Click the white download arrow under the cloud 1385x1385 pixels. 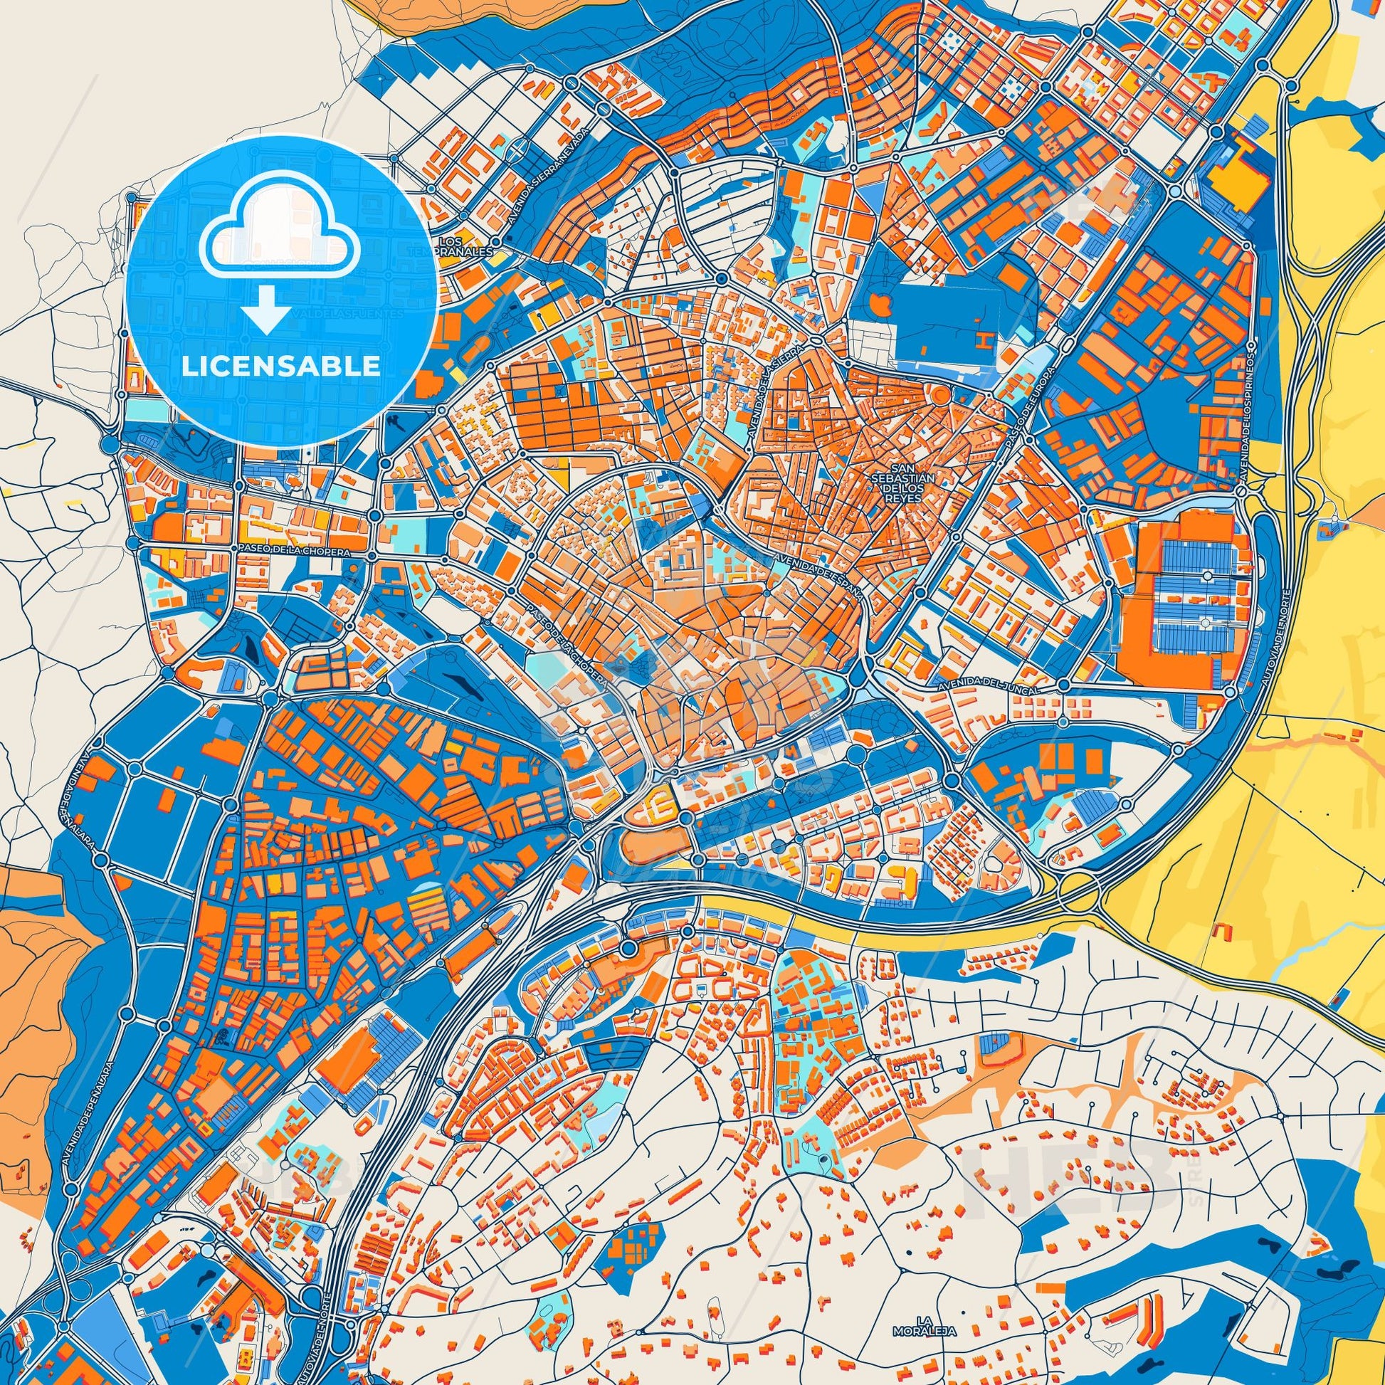pyautogui.click(x=266, y=309)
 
